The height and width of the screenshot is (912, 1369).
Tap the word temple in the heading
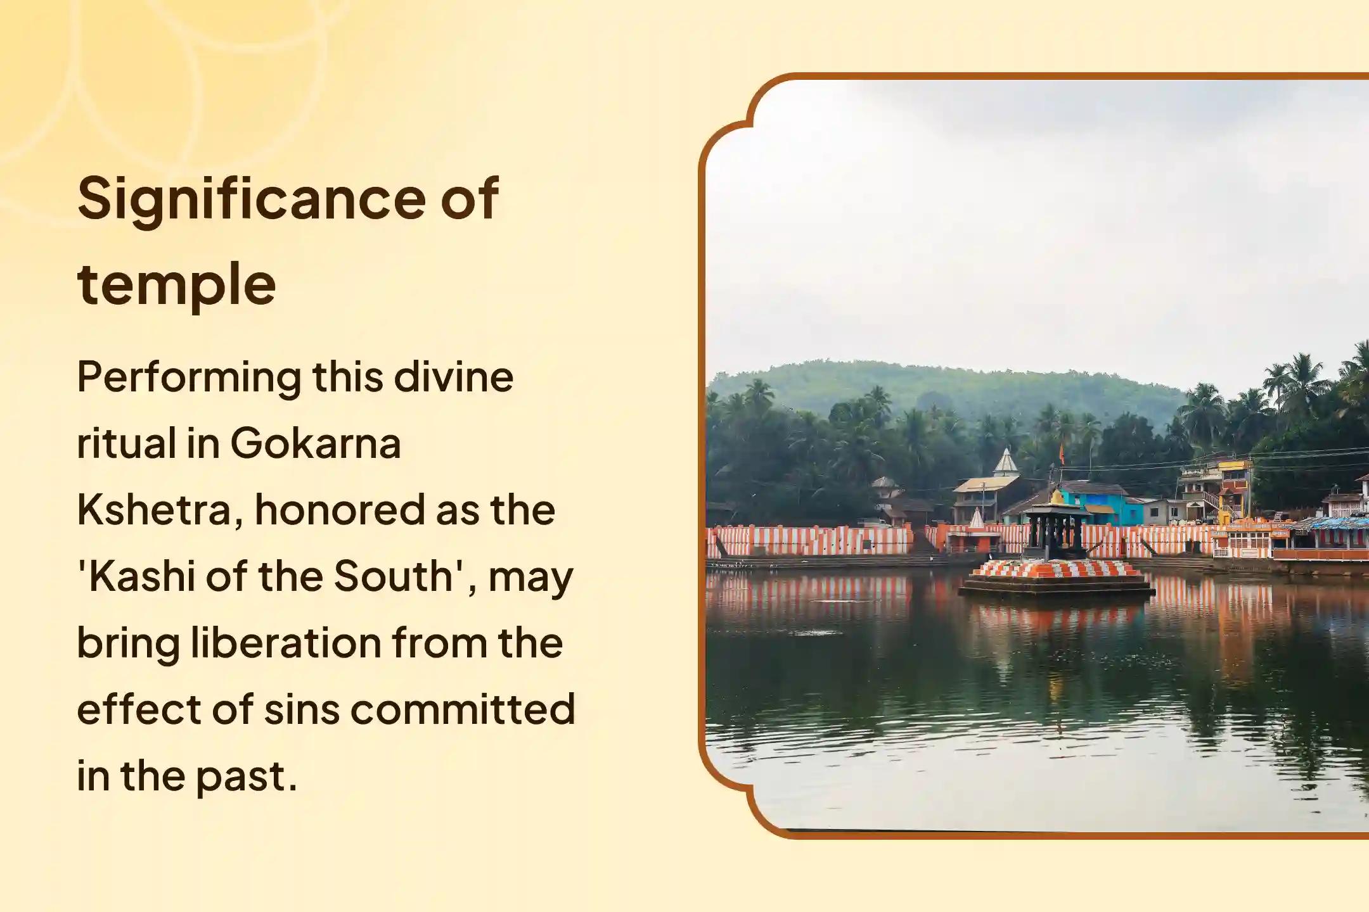(177, 285)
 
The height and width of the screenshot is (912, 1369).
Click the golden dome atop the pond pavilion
(1057, 497)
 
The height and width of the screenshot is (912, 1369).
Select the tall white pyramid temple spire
(1006, 462)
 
